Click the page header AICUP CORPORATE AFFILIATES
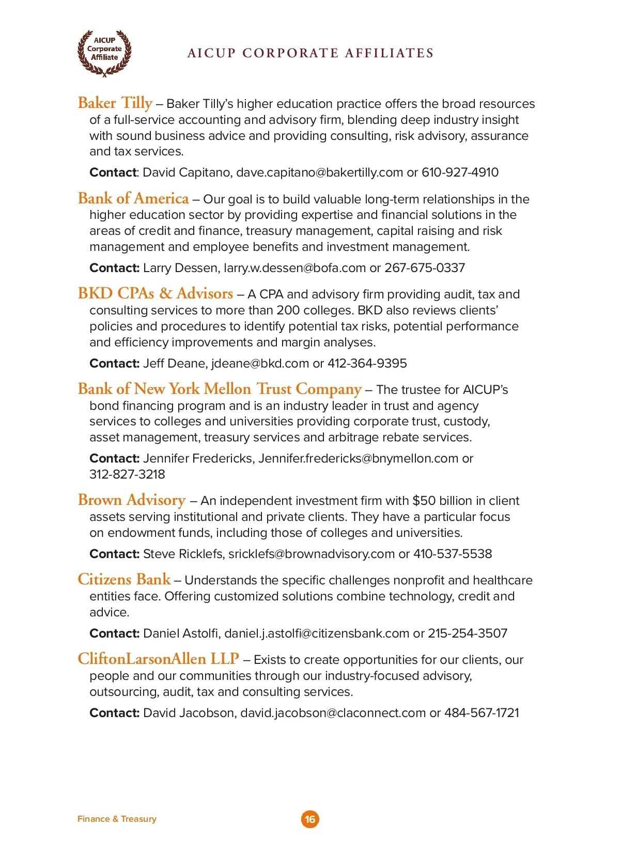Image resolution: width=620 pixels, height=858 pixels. [x=311, y=53]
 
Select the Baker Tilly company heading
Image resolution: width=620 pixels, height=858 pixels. [x=115, y=103]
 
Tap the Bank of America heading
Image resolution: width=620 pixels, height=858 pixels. [x=133, y=198]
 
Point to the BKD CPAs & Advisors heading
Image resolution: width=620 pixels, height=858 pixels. [x=156, y=293]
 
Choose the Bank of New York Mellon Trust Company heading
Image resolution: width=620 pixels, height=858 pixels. [x=220, y=389]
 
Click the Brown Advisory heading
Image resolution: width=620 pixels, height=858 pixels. [x=132, y=500]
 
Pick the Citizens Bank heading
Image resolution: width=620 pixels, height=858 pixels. [x=124, y=579]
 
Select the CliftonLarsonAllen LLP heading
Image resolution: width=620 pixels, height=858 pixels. [x=158, y=659]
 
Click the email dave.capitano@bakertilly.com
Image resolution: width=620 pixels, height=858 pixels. [x=319, y=172]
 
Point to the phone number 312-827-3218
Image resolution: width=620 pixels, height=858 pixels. [x=127, y=474]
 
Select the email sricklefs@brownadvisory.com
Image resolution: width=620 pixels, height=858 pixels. [x=312, y=554]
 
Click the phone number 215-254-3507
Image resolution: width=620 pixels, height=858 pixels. [x=468, y=633]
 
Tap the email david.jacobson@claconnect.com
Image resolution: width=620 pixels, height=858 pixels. [x=333, y=713]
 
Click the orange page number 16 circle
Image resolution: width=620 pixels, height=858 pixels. [x=310, y=819]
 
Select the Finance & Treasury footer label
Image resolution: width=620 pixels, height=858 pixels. [x=117, y=819]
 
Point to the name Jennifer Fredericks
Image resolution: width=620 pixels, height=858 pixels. [x=197, y=458]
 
